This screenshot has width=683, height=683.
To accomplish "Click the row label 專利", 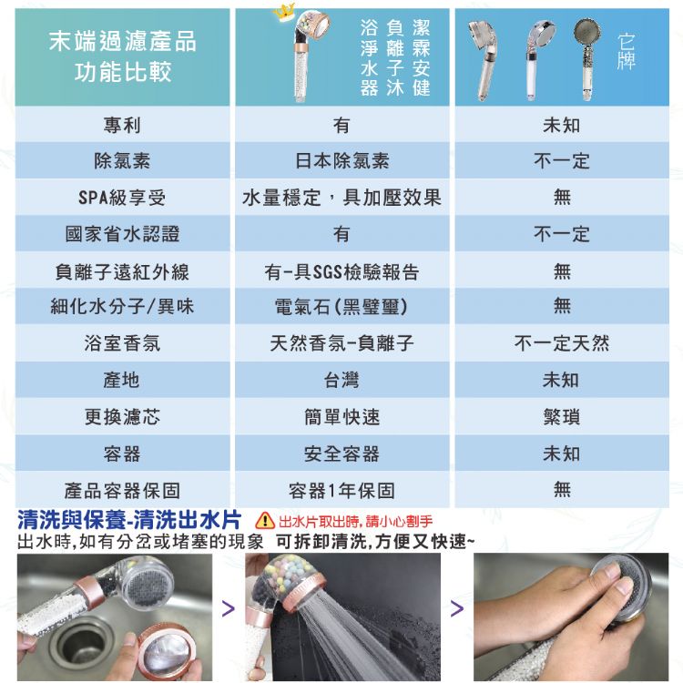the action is [x=122, y=125].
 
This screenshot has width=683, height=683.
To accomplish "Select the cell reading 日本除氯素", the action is [x=341, y=160].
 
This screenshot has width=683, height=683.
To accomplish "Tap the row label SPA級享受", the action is [x=122, y=198].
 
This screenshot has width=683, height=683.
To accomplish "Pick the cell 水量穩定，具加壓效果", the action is [x=341, y=198].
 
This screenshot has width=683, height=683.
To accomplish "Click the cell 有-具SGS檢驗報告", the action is [x=341, y=271].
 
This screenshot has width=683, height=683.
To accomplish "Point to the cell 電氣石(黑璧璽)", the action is [x=341, y=306].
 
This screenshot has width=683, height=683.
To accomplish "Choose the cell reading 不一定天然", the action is [x=562, y=343].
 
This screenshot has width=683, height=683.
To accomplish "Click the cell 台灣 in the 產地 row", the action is [x=341, y=380].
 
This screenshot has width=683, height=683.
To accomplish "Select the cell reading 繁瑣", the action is [x=562, y=417].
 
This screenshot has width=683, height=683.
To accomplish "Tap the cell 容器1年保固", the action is [x=341, y=491].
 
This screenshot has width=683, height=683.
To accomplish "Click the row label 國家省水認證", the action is [x=122, y=234].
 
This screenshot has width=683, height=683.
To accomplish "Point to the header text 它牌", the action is [x=626, y=51].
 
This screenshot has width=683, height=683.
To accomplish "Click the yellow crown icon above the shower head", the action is [x=284, y=12].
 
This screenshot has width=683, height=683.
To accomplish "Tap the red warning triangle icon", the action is [x=265, y=520].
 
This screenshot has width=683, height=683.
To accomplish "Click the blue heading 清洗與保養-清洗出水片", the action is [x=129, y=519].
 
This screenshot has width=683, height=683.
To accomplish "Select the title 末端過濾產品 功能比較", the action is [x=122, y=56].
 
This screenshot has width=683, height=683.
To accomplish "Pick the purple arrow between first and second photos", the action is [x=229, y=608].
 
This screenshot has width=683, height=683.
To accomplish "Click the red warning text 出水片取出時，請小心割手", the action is [x=355, y=521].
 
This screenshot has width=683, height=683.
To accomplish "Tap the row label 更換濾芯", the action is [x=122, y=417].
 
